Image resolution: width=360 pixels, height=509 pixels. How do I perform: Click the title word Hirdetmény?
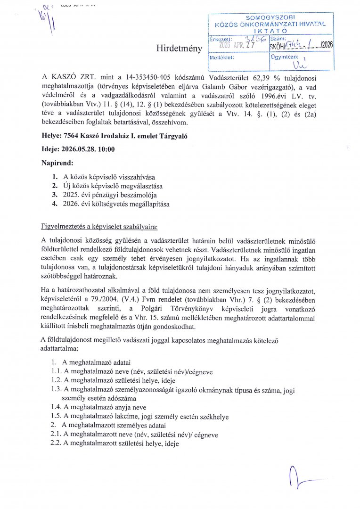pos(179,48)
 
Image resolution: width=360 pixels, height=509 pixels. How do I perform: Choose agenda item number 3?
pos(55,195)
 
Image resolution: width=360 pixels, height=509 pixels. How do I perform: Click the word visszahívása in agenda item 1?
pos(134,177)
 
